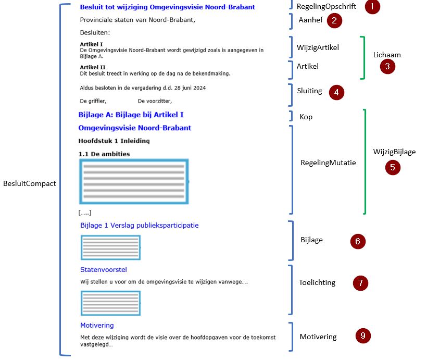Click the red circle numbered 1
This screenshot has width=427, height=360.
(372, 7)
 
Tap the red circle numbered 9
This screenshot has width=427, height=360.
(363, 336)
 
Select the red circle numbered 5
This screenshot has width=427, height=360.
(393, 167)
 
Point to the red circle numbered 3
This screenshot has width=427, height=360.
(387, 66)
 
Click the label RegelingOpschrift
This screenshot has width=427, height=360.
(326, 7)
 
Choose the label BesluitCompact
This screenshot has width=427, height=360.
(29, 183)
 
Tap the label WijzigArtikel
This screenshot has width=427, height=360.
(318, 47)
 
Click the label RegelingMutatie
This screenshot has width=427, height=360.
(328, 163)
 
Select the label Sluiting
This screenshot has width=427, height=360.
(310, 91)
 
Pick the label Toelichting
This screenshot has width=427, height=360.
(317, 282)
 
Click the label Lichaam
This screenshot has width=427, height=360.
(387, 54)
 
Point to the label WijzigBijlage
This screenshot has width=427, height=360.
(394, 152)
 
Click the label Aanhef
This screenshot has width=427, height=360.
(311, 20)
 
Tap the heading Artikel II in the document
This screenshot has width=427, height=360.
(93, 67)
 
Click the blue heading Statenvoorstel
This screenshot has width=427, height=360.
(104, 269)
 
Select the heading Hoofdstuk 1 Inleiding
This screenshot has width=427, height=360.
(114, 141)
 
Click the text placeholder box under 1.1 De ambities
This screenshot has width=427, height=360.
(133, 181)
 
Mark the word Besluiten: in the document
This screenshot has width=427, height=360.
(95, 33)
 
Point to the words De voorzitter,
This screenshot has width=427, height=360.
(155, 101)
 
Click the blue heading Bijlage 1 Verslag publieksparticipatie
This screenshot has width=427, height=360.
(139, 225)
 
